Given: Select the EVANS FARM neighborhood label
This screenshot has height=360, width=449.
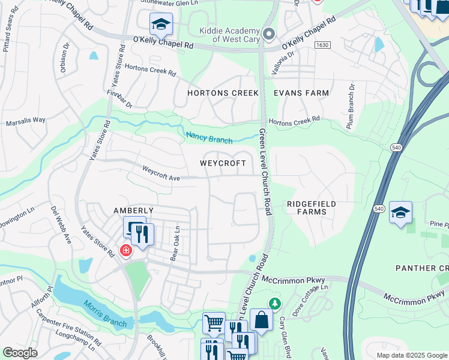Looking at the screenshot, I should [x=301, y=93].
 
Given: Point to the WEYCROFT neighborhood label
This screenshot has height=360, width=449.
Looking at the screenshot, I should [x=223, y=163].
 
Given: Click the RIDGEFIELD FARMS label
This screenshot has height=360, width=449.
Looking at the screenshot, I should [x=311, y=208].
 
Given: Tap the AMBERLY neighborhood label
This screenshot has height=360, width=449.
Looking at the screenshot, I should [x=134, y=211].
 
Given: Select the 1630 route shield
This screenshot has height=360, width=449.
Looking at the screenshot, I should [x=323, y=45].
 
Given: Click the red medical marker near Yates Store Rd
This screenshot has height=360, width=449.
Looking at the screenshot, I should [x=125, y=250].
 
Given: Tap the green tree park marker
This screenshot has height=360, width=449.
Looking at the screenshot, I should [x=275, y=304].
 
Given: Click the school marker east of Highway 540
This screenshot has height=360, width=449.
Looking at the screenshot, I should [x=400, y=212].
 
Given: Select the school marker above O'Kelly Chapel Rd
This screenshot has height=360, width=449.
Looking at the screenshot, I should [x=161, y=24].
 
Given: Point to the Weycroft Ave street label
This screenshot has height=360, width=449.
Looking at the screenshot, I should [x=161, y=173].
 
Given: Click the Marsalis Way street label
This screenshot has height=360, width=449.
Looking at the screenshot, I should [x=26, y=121].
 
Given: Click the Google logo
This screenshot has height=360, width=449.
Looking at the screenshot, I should [x=20, y=353].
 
